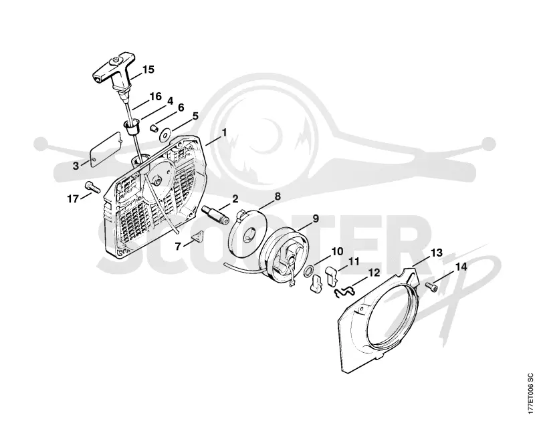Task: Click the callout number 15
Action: point(148,69)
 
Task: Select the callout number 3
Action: point(76,166)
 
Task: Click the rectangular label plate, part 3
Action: point(106,149)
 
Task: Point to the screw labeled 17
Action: point(92,187)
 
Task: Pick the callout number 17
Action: point(73,198)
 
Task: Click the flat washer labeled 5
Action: point(166,135)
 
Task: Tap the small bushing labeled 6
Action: point(154,128)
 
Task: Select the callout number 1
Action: point(224,132)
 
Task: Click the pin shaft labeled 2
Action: point(215,215)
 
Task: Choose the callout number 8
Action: point(278,196)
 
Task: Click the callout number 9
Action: point(315,219)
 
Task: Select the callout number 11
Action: point(354,262)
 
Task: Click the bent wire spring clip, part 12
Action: point(344,291)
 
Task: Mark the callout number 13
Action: point(436,253)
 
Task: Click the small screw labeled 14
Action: point(431,289)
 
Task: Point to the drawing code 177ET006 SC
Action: point(530,394)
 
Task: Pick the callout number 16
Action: point(155,96)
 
